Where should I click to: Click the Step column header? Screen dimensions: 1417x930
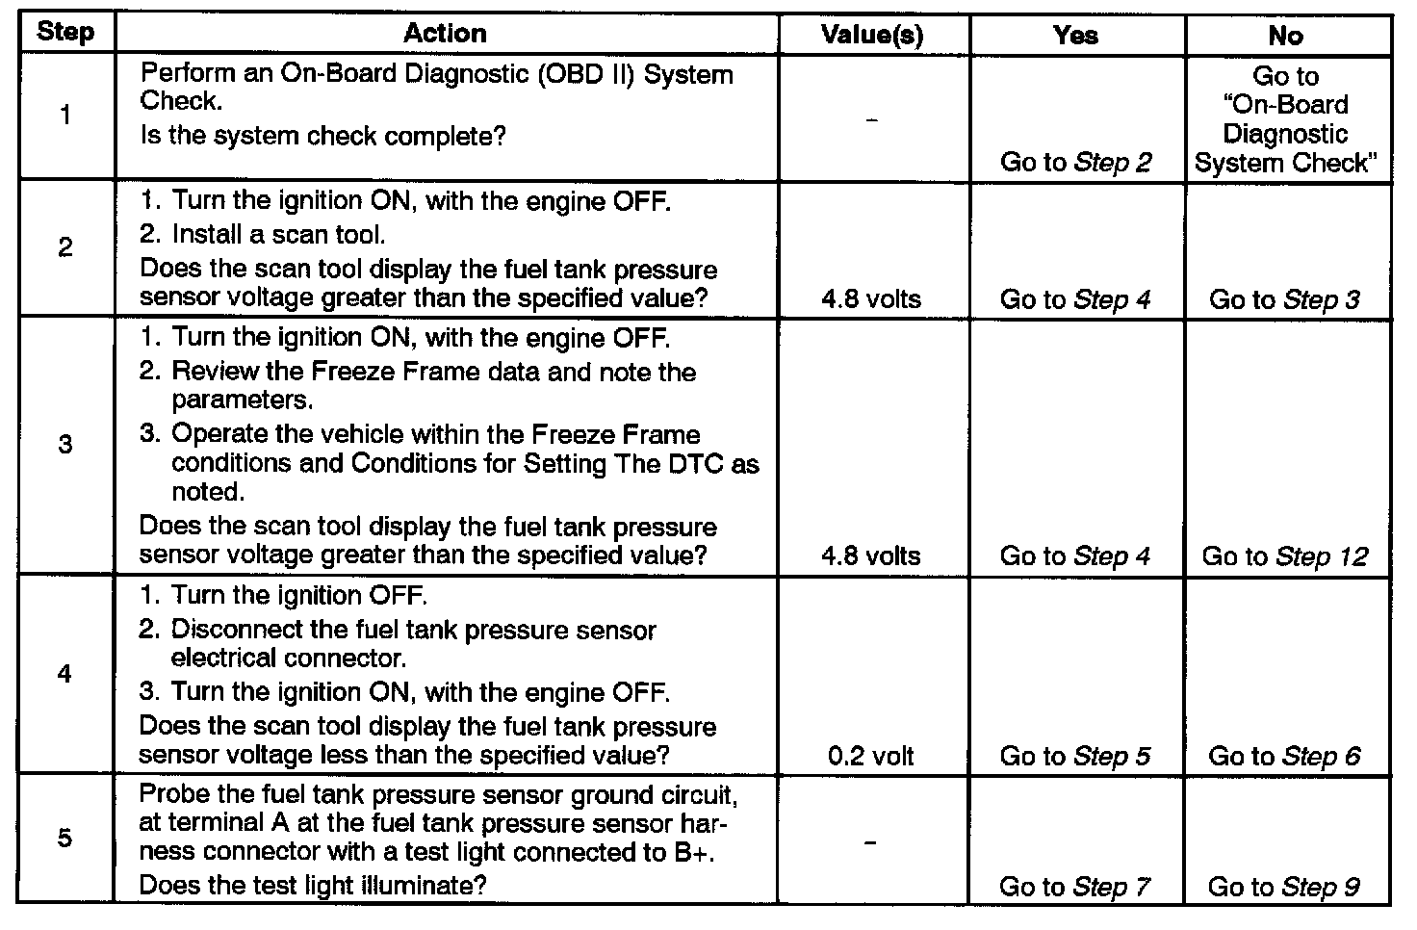point(65,33)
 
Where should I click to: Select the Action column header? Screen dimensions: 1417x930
point(445,34)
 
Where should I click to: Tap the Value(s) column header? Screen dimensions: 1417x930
point(872,36)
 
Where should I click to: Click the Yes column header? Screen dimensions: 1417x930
point(1075,36)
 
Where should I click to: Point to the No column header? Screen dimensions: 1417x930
point(1285,36)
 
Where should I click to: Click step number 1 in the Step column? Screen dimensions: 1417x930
point(64,116)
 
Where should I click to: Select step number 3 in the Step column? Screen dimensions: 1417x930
point(64,445)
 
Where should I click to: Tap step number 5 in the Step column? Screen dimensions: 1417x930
point(64,838)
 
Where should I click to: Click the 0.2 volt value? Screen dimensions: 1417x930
point(871,756)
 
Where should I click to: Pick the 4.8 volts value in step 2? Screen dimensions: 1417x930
point(871,299)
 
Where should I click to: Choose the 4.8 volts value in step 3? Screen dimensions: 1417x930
point(871,555)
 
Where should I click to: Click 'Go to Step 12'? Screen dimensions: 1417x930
point(1285,556)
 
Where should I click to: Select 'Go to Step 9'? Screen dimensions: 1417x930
point(1284,887)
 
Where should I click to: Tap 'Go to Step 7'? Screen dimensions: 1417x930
point(1075,887)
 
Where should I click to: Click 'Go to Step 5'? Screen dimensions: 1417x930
point(1075,756)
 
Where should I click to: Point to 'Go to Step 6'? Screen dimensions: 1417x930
point(1284,756)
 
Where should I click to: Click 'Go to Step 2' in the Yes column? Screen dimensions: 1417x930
point(1076,162)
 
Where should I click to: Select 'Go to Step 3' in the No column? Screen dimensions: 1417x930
point(1284,299)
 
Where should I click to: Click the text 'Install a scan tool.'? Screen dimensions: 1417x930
point(278,234)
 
